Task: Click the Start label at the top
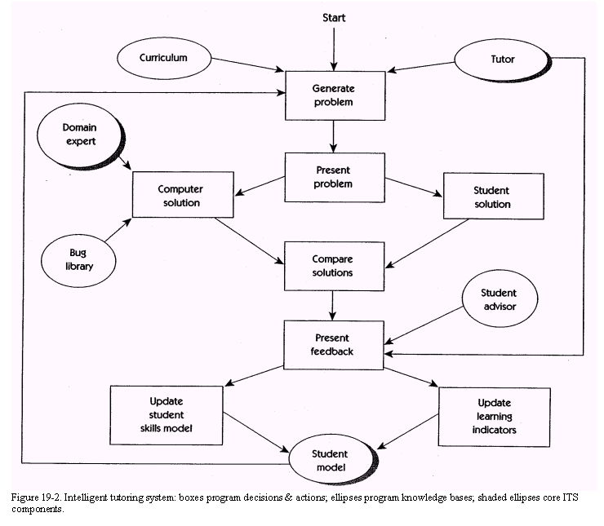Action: (333, 16)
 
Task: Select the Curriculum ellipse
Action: (163, 59)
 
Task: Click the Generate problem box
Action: (332, 94)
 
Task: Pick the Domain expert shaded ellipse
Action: (79, 135)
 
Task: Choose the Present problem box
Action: (332, 178)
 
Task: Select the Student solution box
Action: (493, 197)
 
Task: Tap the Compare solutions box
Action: (332, 266)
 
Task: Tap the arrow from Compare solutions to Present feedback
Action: (332, 305)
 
